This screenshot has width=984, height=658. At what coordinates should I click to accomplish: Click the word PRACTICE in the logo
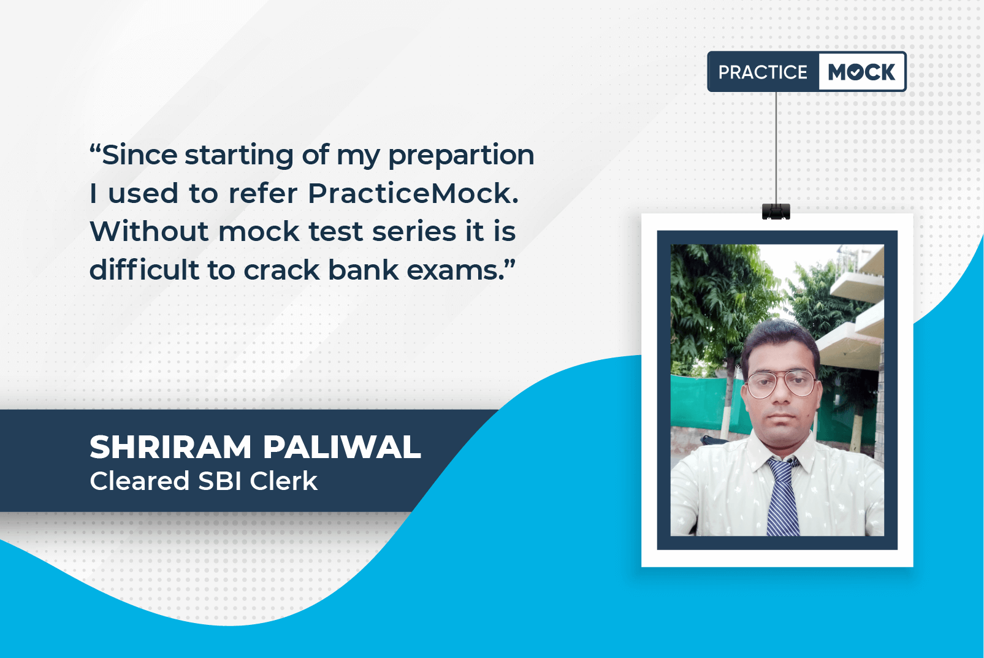pos(763,72)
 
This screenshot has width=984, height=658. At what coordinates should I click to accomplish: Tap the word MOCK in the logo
pos(861,72)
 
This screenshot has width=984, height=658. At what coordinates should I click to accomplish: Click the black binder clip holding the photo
pos(776,212)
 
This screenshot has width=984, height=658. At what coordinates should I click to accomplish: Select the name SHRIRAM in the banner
pos(170,447)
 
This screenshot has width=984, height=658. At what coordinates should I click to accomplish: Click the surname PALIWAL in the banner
pos(342,447)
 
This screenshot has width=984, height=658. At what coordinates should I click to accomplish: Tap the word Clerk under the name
pos(283,481)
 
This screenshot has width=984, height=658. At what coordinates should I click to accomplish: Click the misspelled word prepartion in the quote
pos(461,156)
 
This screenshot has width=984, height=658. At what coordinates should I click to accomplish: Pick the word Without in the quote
pos(149,231)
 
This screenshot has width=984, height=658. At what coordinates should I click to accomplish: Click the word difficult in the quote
pos(144,269)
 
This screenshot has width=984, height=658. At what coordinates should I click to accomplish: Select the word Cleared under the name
pos(139,481)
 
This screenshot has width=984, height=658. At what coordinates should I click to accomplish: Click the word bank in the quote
pos(363,269)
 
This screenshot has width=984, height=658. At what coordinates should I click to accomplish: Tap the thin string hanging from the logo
pos(776,148)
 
